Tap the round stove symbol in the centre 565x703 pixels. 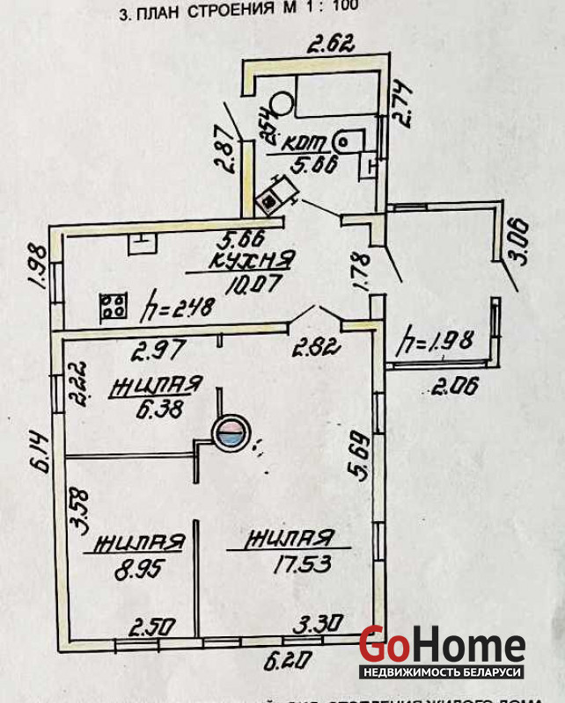tap(231, 432)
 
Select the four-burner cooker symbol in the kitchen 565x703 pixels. tap(113, 307)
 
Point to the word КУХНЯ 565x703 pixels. tap(252, 261)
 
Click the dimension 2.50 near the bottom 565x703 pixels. tap(153, 628)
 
